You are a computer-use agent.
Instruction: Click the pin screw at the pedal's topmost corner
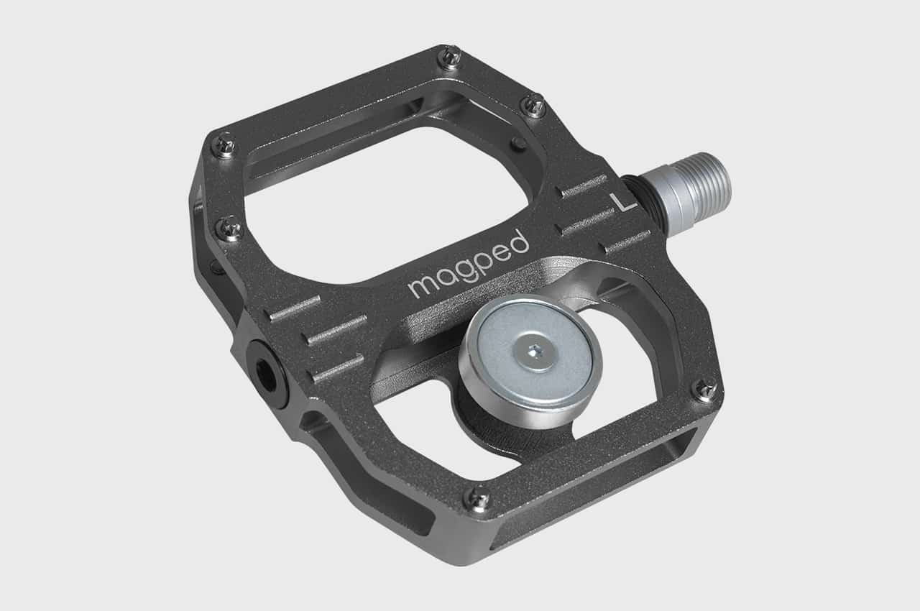(x=451, y=56)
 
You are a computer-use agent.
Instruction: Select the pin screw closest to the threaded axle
(x=533, y=106)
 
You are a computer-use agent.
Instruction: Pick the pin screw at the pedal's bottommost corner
(x=479, y=497)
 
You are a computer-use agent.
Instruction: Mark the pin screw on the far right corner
(x=705, y=390)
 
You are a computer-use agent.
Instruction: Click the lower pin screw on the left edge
(x=230, y=229)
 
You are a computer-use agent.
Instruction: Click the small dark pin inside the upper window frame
(x=517, y=144)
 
